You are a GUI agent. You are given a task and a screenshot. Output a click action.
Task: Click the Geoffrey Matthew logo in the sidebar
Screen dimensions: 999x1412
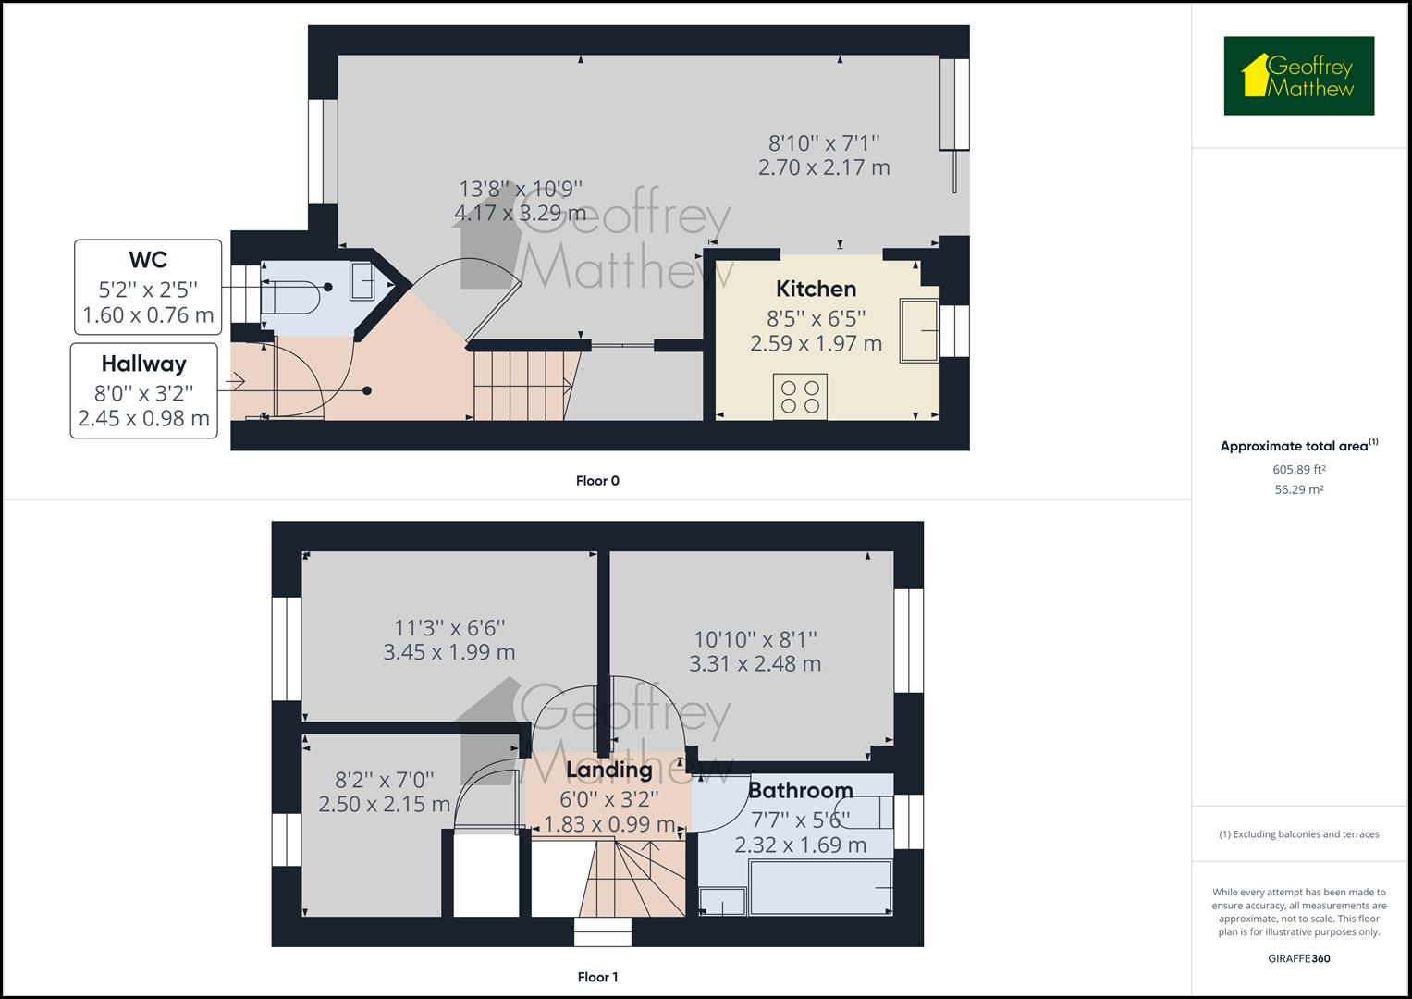[x=1298, y=76]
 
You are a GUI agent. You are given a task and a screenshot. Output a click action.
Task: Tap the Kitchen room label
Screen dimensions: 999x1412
[x=816, y=289]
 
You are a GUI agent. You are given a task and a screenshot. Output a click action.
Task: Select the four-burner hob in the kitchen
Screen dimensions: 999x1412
[x=800, y=397]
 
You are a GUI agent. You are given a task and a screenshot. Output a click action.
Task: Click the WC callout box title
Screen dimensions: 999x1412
[x=148, y=258]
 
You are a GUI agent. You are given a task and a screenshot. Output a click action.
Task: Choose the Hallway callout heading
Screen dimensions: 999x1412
[x=144, y=364]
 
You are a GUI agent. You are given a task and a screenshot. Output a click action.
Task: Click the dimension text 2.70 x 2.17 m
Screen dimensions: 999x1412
[x=823, y=167]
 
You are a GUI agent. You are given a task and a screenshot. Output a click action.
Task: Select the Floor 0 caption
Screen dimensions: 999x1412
[x=596, y=481]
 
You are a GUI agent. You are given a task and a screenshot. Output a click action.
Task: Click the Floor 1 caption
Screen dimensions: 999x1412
[x=596, y=977]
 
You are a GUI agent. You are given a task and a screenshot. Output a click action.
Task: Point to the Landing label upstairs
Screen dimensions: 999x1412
[x=608, y=770]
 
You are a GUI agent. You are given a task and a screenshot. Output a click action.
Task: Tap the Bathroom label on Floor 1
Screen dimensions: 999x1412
[x=800, y=790]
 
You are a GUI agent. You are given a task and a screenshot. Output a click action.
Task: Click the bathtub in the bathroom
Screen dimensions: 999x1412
[x=821, y=888]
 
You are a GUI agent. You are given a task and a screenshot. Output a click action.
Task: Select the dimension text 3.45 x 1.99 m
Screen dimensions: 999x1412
[x=448, y=652]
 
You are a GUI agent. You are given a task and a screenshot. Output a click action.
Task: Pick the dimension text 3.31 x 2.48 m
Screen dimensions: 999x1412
[x=755, y=663]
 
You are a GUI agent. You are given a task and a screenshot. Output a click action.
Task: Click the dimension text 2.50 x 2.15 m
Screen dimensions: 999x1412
[x=384, y=804]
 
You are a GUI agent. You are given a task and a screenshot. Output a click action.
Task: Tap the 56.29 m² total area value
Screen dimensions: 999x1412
[x=1298, y=490]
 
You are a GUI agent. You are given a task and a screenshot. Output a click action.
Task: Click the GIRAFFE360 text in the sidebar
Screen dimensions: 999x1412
[x=1298, y=958]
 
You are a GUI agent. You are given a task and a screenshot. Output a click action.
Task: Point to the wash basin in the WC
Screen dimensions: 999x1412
[x=362, y=280]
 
